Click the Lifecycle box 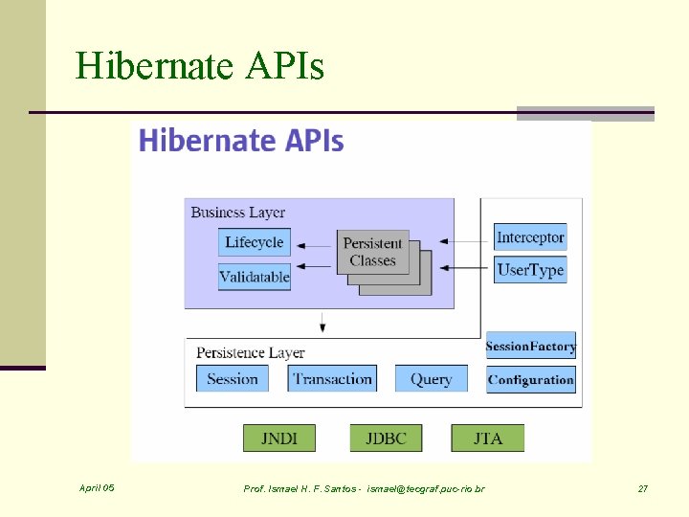tap(254, 242)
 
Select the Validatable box tap(254, 277)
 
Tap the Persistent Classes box tap(372, 252)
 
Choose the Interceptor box tap(530, 236)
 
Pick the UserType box tap(530, 270)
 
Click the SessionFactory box tap(530, 346)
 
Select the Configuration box tap(530, 379)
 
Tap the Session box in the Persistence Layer tap(233, 378)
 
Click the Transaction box tap(332, 378)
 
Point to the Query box tap(431, 378)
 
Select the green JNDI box tap(278, 438)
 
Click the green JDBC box tap(386, 438)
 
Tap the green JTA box tap(487, 438)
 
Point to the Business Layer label tap(237, 212)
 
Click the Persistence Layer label tap(250, 352)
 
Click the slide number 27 tap(643, 489)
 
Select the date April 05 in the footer tap(98, 488)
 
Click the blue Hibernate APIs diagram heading tap(241, 141)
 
